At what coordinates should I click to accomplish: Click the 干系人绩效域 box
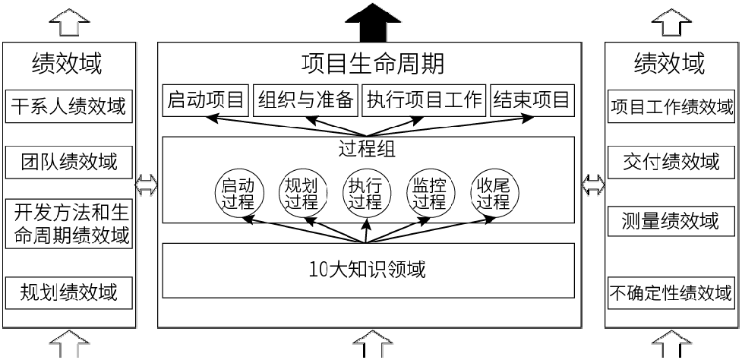click(x=68, y=106)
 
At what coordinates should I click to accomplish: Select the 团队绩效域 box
click(x=68, y=162)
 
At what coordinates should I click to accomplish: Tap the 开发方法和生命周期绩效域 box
click(x=68, y=223)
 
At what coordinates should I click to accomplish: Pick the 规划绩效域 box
click(x=68, y=292)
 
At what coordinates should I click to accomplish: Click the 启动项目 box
click(x=205, y=99)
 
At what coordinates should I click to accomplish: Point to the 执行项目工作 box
click(x=423, y=99)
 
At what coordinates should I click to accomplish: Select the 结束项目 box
click(x=531, y=99)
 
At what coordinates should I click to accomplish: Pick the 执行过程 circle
click(x=365, y=193)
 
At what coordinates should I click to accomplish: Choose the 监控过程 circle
click(x=428, y=193)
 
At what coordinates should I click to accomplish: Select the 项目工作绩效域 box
click(x=672, y=106)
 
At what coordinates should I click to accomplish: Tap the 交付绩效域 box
click(x=672, y=162)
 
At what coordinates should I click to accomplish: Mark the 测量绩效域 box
click(x=672, y=221)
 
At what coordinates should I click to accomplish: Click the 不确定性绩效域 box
click(x=672, y=292)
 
